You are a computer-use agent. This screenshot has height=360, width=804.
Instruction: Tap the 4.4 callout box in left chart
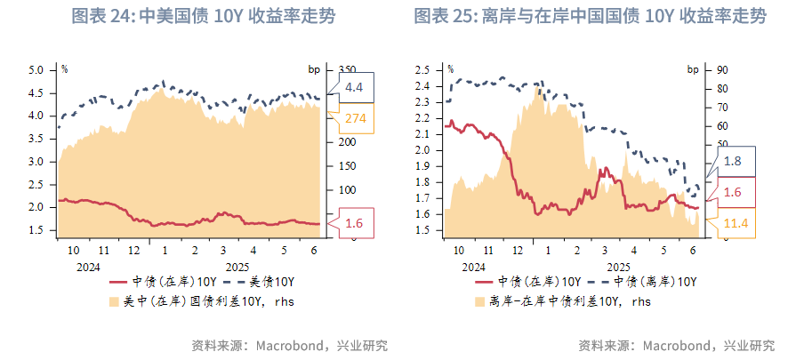point(354,86)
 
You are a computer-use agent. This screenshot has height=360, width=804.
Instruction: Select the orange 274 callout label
point(354,118)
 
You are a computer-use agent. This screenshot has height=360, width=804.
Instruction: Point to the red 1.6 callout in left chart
point(354,223)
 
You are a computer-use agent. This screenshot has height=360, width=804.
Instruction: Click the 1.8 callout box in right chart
point(734,163)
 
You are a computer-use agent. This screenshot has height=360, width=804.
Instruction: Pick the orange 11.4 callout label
point(734,222)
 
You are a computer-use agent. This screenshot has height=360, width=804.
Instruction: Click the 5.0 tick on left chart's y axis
point(36,69)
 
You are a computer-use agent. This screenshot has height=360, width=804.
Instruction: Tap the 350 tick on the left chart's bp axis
point(348,69)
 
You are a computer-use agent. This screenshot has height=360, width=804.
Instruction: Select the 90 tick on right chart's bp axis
point(723,69)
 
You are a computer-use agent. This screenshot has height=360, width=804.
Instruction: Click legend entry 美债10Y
point(272,282)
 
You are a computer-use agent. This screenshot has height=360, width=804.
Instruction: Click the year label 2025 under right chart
point(618,267)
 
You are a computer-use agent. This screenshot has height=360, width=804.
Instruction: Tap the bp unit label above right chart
point(693,68)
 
